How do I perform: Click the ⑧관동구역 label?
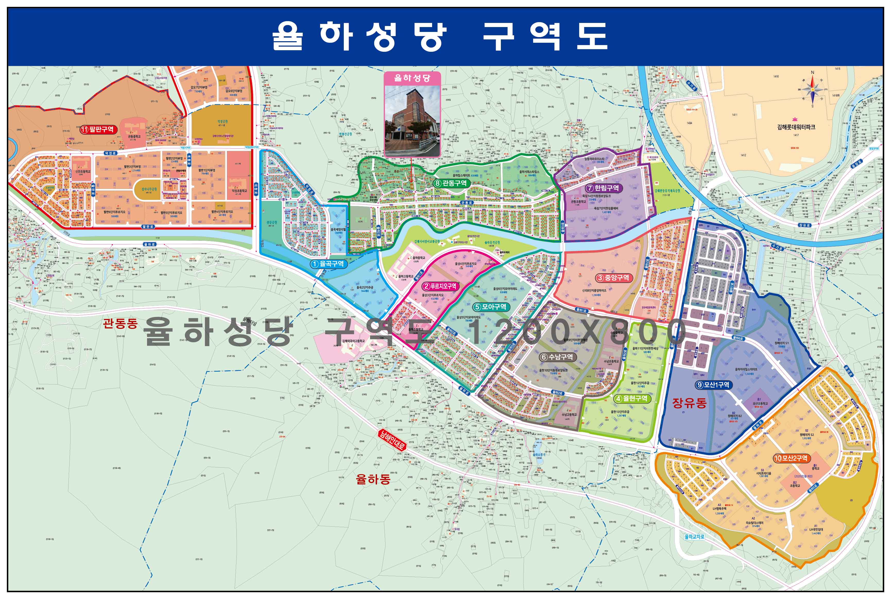pos(451,183)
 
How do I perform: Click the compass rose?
pos(812,89)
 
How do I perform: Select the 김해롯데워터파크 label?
pos(796,127)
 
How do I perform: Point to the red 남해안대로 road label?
pos(392,439)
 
